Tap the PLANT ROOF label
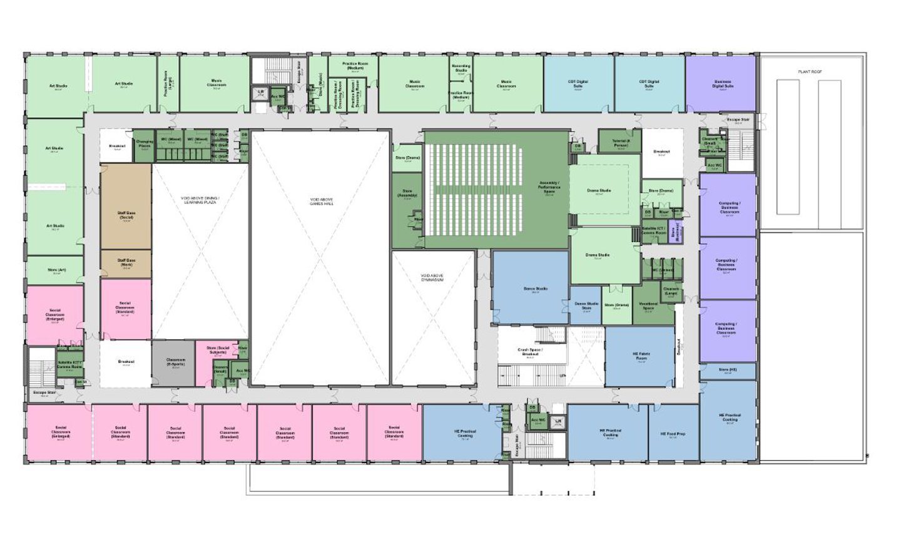[810, 72]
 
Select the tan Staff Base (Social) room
[126, 215]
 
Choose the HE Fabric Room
[641, 357]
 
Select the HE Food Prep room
[673, 433]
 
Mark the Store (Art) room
[55, 271]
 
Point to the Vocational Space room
[648, 305]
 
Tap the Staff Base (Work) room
[126, 262]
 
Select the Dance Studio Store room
[586, 306]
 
